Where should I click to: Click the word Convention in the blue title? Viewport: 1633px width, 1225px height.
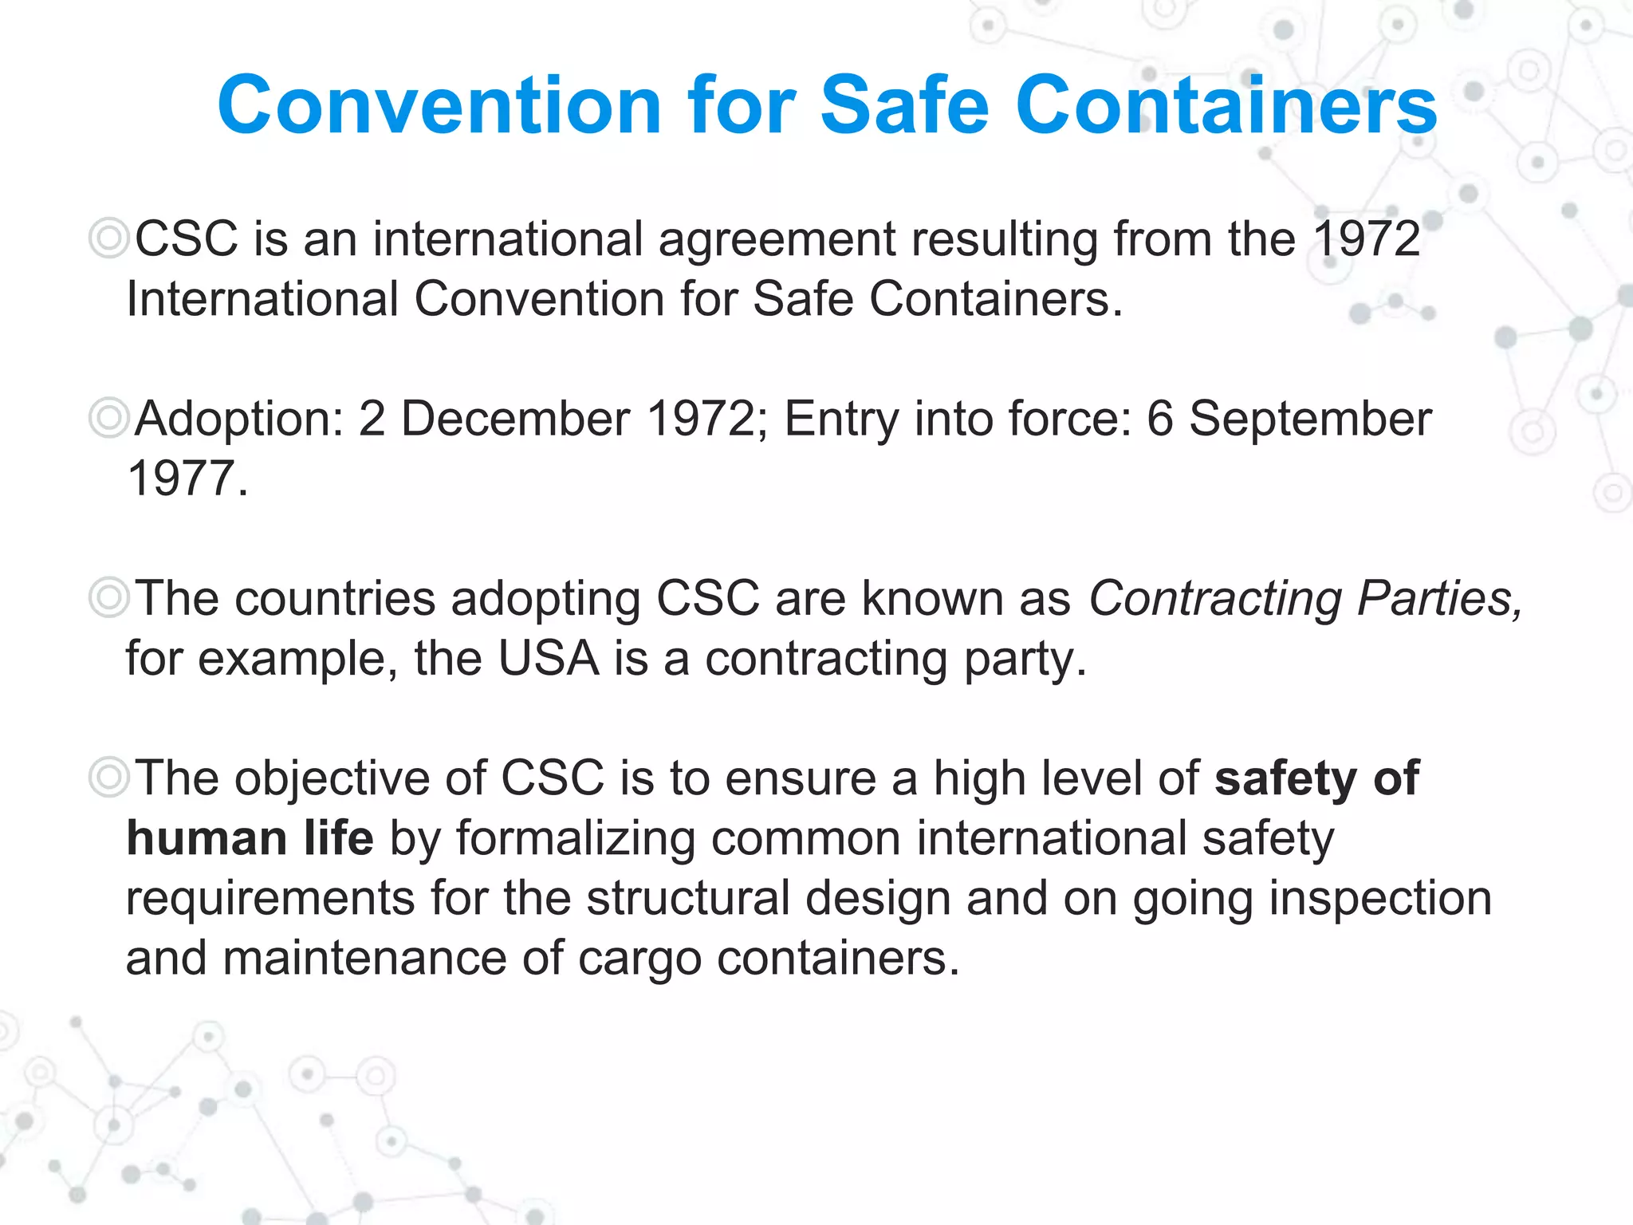(x=439, y=105)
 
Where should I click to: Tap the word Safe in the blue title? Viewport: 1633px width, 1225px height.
(x=904, y=105)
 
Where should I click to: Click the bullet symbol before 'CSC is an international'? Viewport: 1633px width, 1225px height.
(x=108, y=238)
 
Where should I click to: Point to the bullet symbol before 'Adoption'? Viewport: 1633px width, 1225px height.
(x=108, y=419)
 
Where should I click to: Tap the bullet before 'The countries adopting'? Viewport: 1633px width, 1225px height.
(x=108, y=598)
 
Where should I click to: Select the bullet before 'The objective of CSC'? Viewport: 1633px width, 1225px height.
(x=108, y=778)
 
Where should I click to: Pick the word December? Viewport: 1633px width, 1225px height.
(x=515, y=419)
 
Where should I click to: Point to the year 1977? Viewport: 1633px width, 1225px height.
(x=182, y=479)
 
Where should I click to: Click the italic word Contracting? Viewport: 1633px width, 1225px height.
(x=1215, y=600)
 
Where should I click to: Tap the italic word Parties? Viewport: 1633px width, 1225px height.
(x=1439, y=598)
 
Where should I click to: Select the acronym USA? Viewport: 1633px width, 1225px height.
(x=549, y=659)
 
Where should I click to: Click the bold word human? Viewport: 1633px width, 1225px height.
(x=207, y=838)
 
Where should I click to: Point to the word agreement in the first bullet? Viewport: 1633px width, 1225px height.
(x=777, y=240)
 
